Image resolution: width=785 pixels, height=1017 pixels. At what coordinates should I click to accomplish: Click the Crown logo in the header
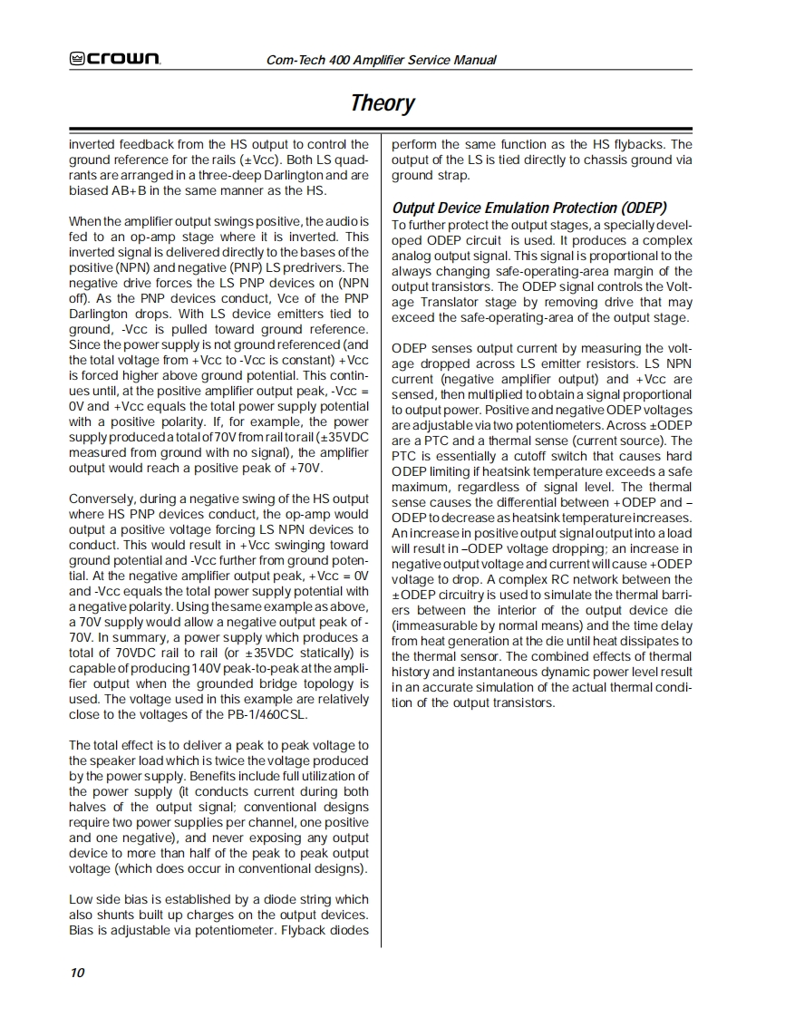[115, 60]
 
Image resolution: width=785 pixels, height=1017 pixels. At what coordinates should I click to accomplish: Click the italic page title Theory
[383, 102]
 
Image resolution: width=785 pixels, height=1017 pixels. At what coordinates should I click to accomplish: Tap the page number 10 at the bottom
[77, 973]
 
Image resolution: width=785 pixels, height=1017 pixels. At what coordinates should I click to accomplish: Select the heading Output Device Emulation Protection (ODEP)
[529, 208]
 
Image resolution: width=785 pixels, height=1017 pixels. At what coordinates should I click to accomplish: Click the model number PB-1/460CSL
[262, 714]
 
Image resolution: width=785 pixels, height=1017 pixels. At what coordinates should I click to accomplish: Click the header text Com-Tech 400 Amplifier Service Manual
[382, 60]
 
